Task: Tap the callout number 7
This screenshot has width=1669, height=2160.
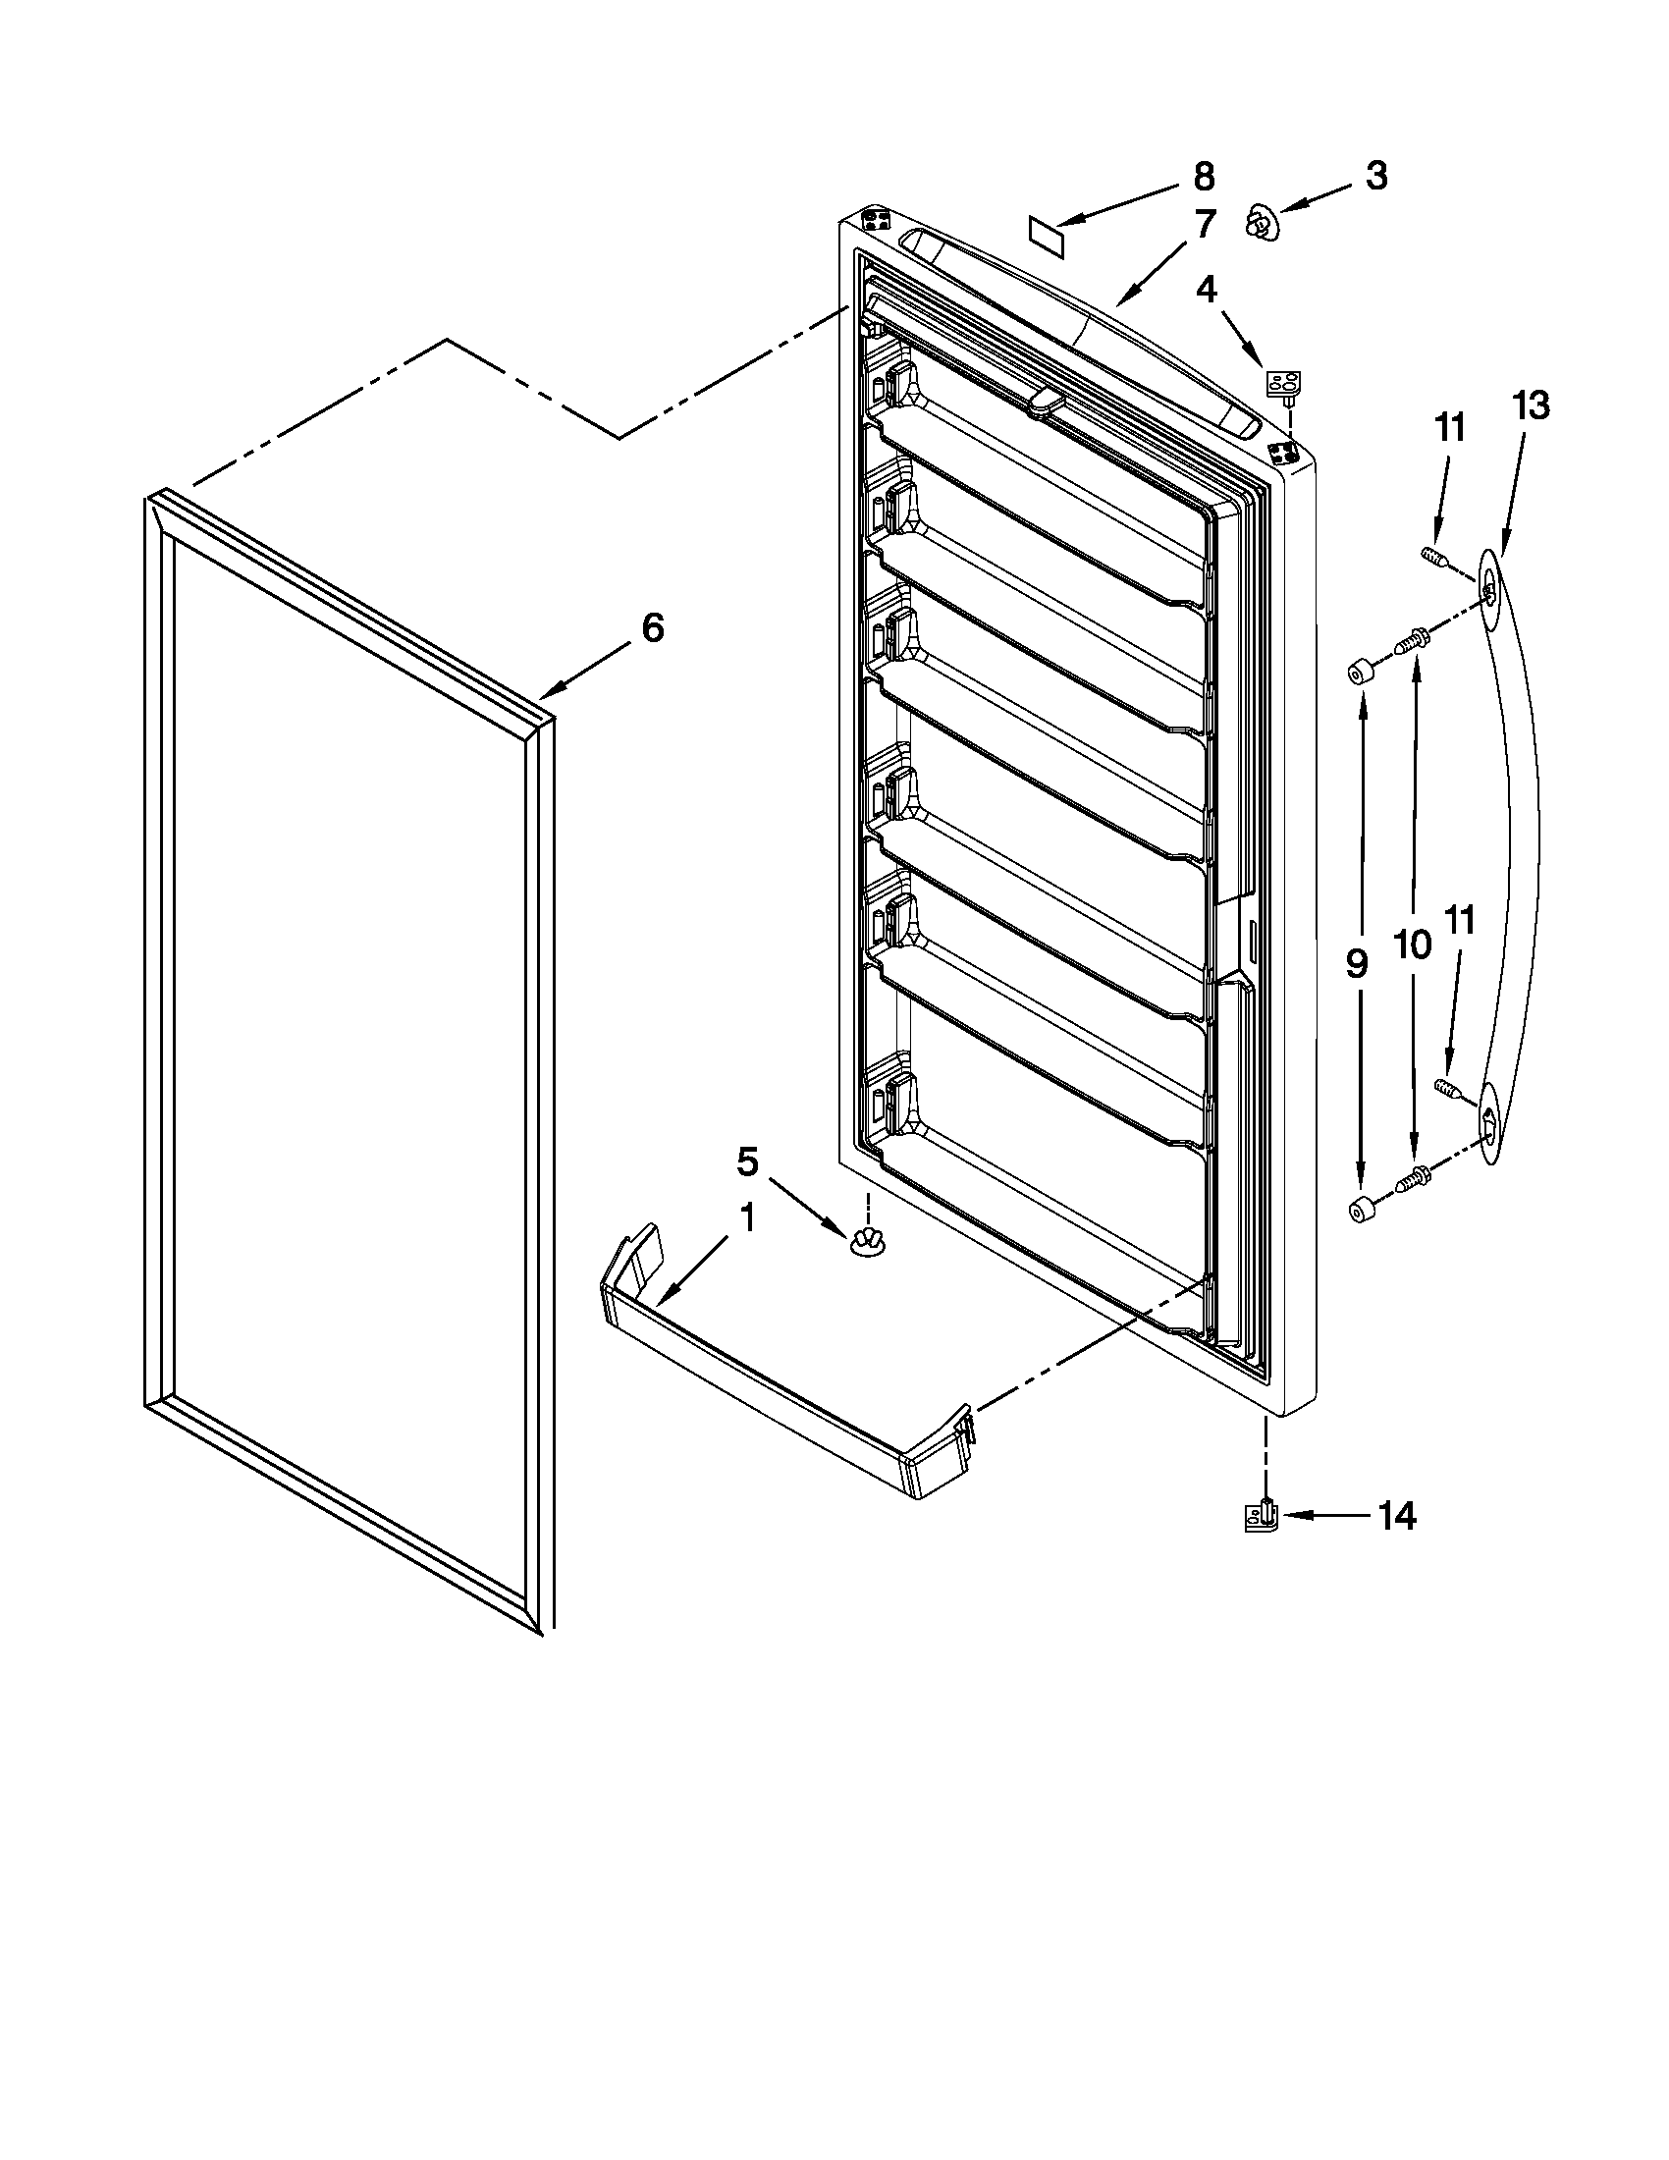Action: tap(1204, 226)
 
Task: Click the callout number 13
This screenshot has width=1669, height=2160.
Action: tap(1530, 405)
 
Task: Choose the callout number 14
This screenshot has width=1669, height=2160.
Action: tap(1397, 1515)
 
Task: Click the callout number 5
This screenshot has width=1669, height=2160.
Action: tap(747, 1162)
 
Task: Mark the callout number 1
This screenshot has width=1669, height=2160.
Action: tap(747, 1218)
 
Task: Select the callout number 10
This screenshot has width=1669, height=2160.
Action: tap(1413, 945)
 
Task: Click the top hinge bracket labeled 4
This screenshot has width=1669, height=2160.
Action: tap(1282, 384)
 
